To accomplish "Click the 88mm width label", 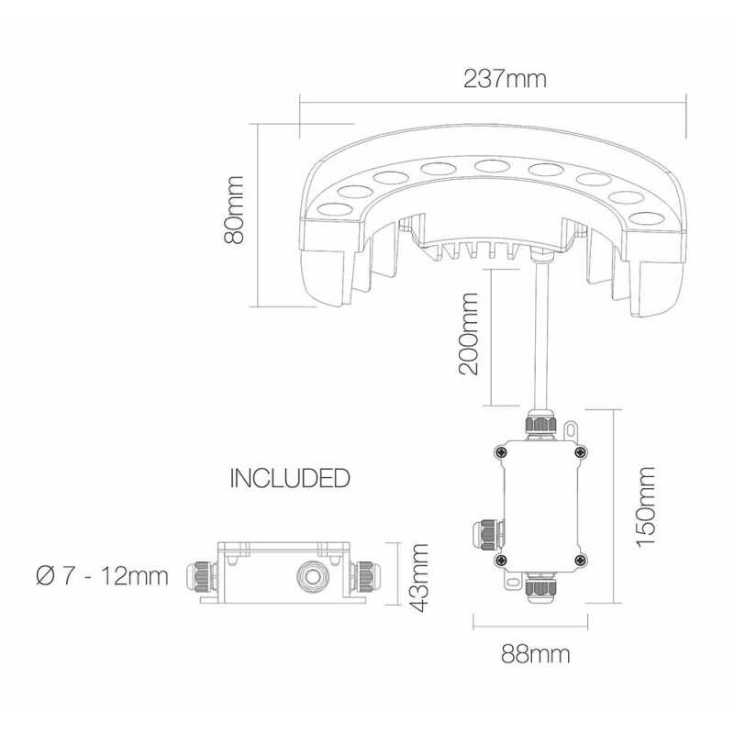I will (x=536, y=655).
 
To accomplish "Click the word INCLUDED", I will (x=290, y=478).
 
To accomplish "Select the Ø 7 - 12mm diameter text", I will (x=102, y=576).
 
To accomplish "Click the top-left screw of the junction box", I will (x=500, y=450).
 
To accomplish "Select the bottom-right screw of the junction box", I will (x=580, y=558).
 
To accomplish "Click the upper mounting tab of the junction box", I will (x=573, y=428).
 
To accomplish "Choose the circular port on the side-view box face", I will (x=305, y=576).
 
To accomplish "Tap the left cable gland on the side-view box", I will (x=201, y=575).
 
